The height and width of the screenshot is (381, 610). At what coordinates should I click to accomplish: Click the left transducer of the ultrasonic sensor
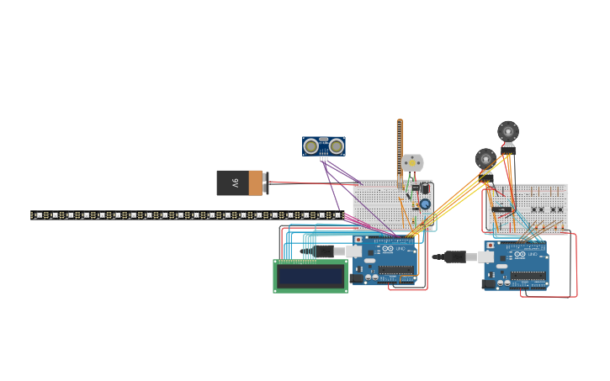(311, 146)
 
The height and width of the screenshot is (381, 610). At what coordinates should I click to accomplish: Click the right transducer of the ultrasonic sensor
(337, 146)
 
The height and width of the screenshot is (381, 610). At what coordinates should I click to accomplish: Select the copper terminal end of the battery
(256, 183)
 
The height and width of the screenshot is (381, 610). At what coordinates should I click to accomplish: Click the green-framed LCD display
(310, 276)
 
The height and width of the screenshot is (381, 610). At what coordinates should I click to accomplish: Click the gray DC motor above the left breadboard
(411, 162)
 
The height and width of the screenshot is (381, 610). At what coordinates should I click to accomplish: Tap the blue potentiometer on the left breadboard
(425, 204)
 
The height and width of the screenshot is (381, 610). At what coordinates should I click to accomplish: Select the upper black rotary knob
(508, 131)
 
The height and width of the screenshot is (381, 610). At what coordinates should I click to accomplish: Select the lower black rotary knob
(485, 158)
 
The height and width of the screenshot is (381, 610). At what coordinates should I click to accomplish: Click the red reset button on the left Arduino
(358, 240)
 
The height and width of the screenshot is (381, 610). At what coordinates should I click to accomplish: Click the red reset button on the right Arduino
(491, 246)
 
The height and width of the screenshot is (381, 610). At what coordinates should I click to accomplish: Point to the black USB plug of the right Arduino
(455, 257)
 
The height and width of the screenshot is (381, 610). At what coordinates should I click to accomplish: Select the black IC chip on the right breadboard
(502, 209)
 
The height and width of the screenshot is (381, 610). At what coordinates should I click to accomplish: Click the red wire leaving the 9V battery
(311, 183)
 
